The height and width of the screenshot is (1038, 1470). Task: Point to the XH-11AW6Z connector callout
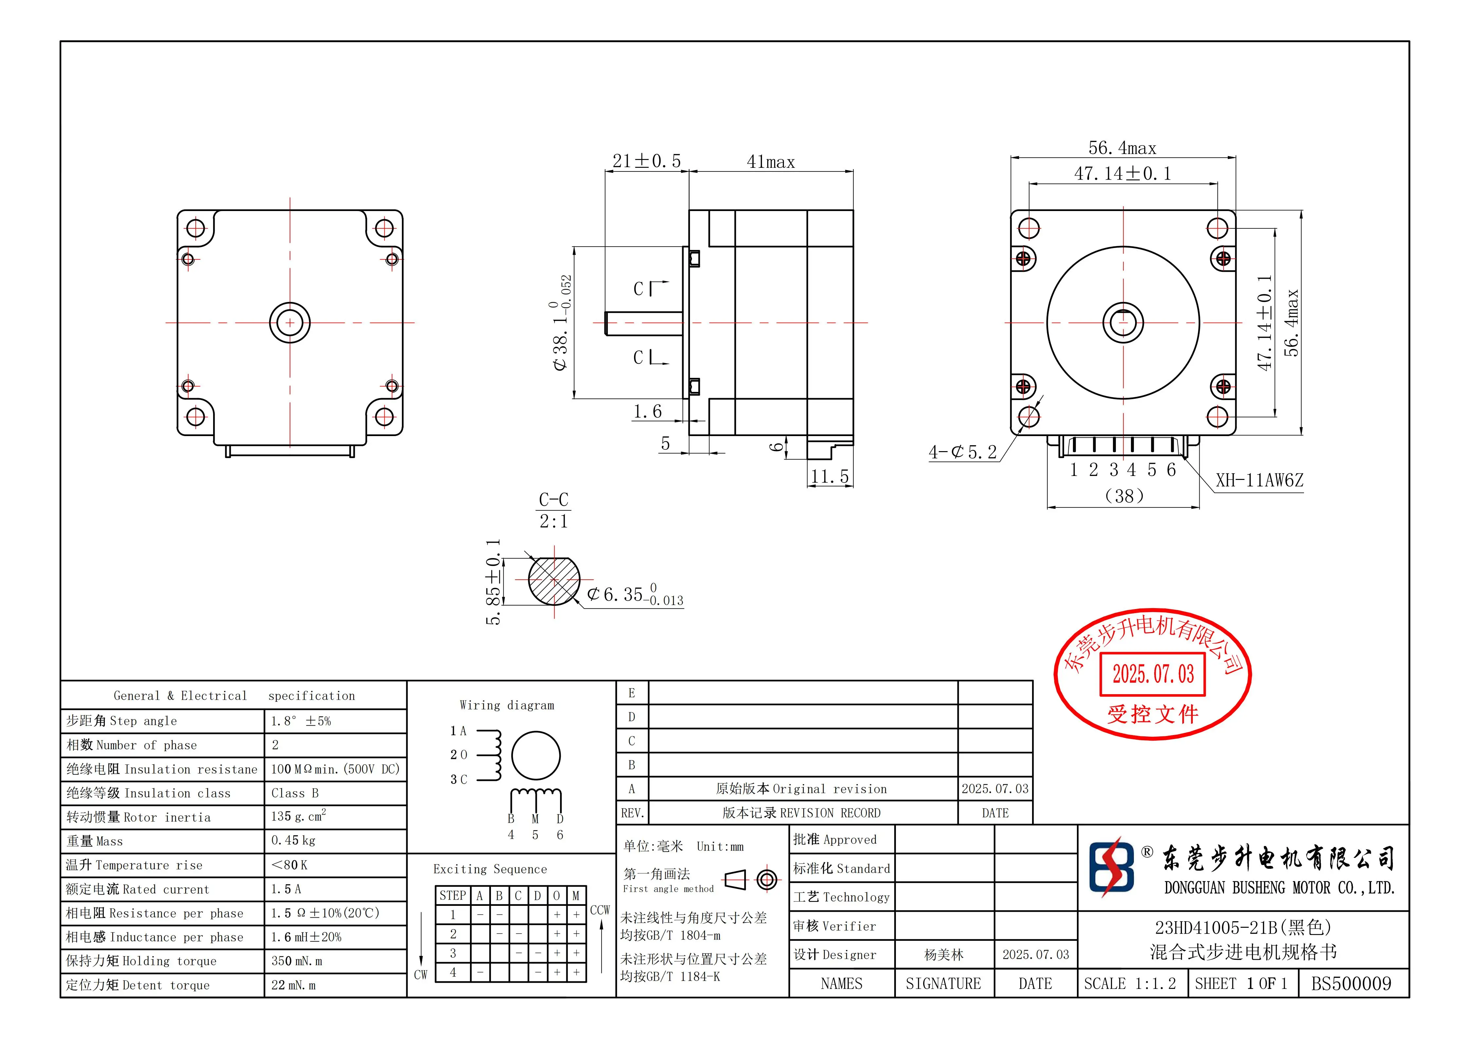[1259, 481]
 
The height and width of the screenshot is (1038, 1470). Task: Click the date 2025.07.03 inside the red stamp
[1152, 674]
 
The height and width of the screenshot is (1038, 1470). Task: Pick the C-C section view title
[553, 500]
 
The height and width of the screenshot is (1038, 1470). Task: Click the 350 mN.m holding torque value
[297, 961]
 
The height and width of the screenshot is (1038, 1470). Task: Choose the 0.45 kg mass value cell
[293, 840]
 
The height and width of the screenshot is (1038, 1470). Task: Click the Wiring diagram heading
[506, 705]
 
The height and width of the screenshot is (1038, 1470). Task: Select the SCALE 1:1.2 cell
[1129, 984]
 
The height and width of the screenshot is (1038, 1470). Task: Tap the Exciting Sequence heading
[490, 869]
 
